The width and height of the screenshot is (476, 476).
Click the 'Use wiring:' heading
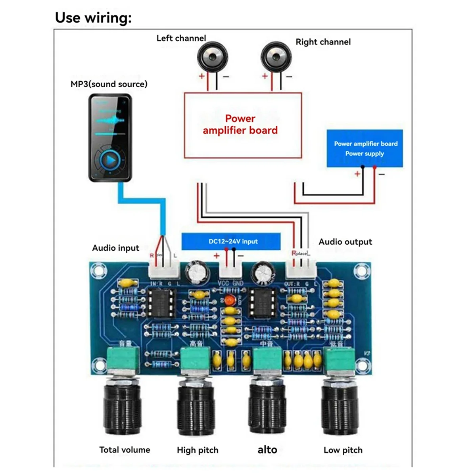click(x=93, y=18)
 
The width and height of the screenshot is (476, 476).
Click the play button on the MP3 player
click(x=110, y=160)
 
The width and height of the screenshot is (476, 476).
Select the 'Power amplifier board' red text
click(x=240, y=125)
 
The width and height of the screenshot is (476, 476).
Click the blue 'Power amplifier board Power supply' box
click(x=365, y=148)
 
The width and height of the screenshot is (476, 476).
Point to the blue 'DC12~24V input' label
click(x=231, y=241)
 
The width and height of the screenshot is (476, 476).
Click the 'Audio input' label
click(x=115, y=248)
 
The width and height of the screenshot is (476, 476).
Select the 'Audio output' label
click(x=345, y=242)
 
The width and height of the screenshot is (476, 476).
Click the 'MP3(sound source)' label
click(x=109, y=84)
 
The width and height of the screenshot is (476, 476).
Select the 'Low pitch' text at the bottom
click(x=343, y=450)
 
